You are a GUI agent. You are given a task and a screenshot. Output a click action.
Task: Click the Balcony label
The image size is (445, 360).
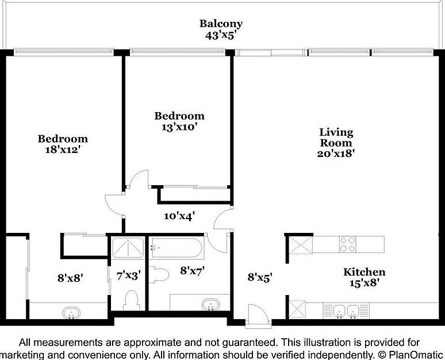point(221,24)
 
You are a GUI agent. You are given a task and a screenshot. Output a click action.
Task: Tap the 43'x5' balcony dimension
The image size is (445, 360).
point(221,36)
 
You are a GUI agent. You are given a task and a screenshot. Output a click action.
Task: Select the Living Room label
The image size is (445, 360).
point(336,137)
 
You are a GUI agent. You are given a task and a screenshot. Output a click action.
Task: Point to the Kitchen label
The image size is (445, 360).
point(365,272)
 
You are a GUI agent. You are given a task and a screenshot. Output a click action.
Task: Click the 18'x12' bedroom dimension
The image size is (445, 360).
point(62,150)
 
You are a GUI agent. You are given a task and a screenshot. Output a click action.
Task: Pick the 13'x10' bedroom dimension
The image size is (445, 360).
point(179,127)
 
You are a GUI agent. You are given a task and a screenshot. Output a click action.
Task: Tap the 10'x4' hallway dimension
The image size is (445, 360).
point(179,216)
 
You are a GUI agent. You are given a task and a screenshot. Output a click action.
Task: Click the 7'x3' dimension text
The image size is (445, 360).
point(129,275)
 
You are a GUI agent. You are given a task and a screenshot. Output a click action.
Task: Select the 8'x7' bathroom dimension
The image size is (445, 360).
point(193,271)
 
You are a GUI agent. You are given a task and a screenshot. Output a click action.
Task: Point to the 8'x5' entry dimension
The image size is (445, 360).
point(260,277)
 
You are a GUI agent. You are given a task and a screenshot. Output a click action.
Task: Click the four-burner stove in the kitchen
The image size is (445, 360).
point(348,244)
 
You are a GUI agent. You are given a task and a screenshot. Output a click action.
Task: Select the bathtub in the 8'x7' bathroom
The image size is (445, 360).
point(177,248)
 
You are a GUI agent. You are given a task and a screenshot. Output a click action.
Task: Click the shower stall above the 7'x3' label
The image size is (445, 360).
point(128,248)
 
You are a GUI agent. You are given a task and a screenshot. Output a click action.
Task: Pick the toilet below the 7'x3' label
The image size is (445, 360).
point(131,300)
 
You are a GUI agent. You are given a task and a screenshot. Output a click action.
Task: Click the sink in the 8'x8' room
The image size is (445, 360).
point(71,313)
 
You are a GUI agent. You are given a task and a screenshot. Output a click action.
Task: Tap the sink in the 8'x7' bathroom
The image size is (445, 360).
point(210,304)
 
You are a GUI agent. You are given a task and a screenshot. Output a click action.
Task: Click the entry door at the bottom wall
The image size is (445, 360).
point(258,316)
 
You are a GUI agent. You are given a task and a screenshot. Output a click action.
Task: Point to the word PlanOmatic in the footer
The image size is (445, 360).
point(416,355)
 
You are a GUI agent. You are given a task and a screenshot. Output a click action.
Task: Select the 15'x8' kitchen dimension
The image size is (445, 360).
point(365,283)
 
